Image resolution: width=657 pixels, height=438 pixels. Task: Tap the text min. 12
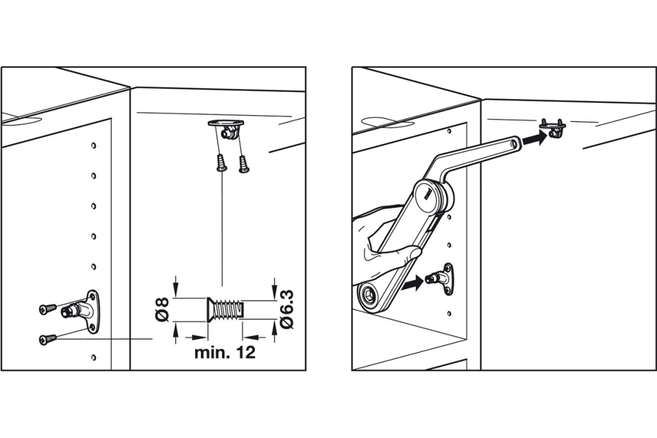click(224, 353)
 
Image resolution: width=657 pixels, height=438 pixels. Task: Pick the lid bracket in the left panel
click(225, 127)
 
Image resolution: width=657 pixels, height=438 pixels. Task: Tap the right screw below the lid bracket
click(244, 163)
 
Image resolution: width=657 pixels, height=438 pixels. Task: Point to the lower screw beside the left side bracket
click(47, 339)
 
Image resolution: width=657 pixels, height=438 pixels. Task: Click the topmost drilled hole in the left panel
click(94, 145)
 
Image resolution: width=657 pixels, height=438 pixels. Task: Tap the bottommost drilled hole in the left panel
click(94, 358)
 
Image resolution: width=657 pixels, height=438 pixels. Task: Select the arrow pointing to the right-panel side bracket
click(410, 284)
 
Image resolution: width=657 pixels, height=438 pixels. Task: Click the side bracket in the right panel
click(443, 277)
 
